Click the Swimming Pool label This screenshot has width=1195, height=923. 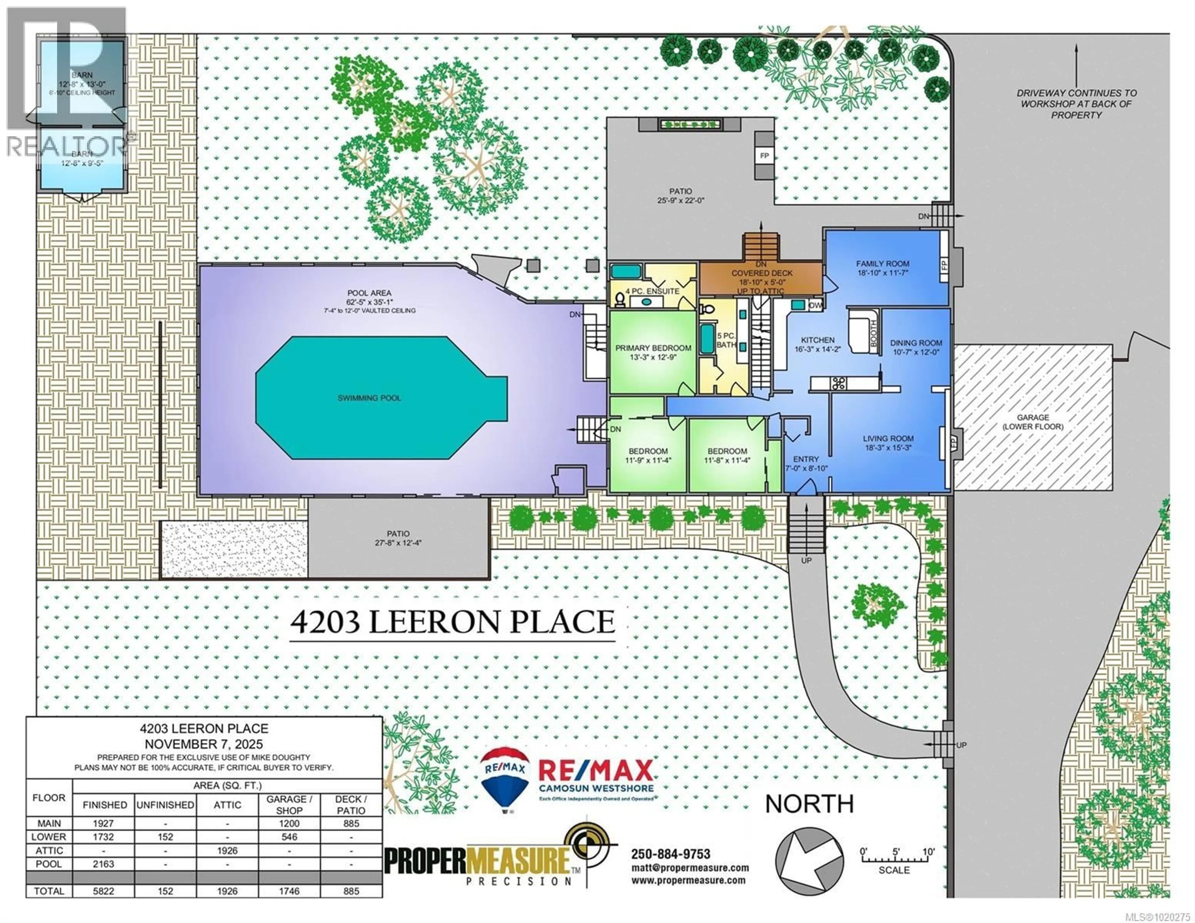pos(369,398)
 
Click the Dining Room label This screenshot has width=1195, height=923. pos(916,343)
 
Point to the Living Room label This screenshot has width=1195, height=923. pos(888,438)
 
